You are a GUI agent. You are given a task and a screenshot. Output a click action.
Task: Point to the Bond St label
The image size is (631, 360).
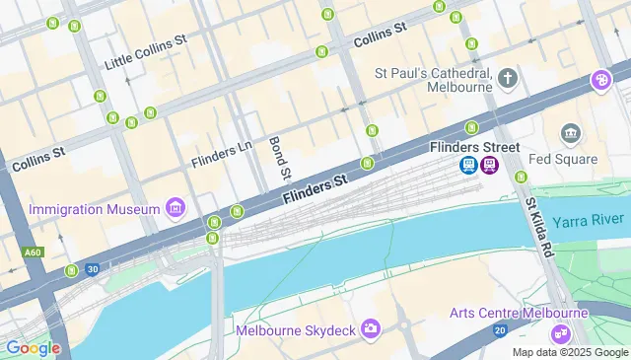tap(278, 158)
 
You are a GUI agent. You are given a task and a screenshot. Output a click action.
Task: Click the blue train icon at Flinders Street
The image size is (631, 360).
tap(470, 165)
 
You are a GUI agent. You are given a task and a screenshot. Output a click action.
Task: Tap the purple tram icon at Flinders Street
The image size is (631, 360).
tap(490, 165)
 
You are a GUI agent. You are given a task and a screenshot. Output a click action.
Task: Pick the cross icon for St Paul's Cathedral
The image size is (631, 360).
tap(508, 78)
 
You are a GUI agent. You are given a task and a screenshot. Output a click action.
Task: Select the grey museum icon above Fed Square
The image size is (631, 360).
tap(570, 133)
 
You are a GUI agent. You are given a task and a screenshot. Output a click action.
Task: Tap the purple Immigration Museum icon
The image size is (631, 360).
tap(175, 207)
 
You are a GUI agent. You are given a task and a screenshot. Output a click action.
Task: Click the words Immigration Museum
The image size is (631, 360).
tap(95, 209)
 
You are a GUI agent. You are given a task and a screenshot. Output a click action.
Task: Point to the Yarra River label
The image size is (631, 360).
tap(590, 222)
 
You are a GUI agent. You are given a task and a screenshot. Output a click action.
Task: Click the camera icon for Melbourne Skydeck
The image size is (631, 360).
tap(371, 328)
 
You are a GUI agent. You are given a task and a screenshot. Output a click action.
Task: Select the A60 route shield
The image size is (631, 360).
tap(33, 252)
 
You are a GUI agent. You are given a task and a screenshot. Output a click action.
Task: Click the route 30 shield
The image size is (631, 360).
tap(92, 268)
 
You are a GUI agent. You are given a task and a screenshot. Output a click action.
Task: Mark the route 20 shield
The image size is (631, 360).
tap(500, 329)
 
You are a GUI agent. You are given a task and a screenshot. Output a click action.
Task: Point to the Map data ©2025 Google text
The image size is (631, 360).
tap(570, 352)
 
